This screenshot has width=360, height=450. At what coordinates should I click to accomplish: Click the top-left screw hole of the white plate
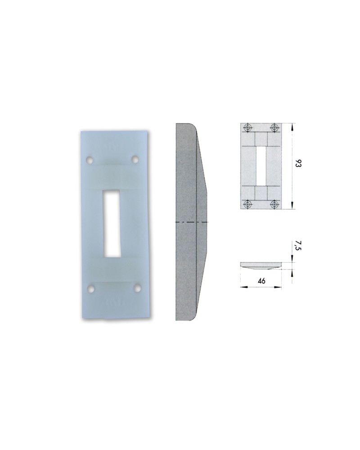coord(90,160)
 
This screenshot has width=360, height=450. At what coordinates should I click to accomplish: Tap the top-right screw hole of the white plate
coord(134,159)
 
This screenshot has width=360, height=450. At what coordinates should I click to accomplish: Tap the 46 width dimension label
coord(261,281)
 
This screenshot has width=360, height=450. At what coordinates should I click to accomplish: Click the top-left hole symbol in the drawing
coord(247,128)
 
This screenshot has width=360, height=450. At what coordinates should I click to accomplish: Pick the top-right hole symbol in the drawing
coord(274,128)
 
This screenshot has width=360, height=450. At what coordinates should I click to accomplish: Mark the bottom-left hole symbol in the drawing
coord(247,204)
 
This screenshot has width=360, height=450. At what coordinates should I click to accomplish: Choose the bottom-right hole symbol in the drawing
coord(274,204)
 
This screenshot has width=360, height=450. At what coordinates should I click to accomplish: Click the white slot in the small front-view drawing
coord(260,166)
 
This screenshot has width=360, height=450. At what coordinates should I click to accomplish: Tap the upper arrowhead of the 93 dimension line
coord(292,126)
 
